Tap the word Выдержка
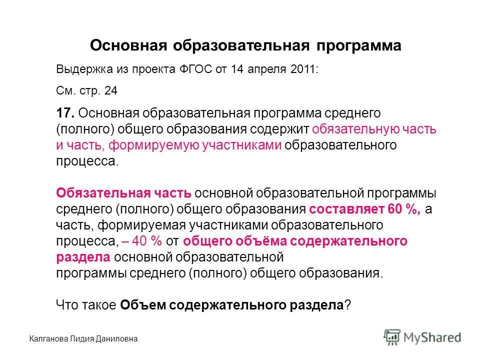pos(80,70)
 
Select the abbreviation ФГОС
pos(193,70)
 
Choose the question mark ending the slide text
pos(348,305)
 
